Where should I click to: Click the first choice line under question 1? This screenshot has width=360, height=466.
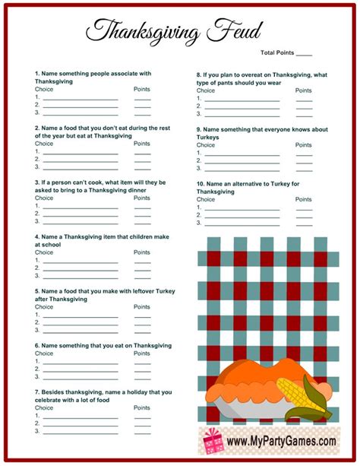(x=80, y=98)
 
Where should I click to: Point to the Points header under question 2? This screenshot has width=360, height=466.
(x=142, y=143)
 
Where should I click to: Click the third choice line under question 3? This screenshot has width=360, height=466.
(x=80, y=222)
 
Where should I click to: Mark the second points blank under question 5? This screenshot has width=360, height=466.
(x=142, y=322)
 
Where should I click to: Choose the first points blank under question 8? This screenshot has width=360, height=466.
(x=304, y=98)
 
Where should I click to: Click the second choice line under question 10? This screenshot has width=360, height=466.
(x=242, y=215)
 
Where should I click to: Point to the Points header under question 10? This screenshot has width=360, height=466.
(x=304, y=199)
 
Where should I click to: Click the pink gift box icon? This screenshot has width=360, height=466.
(x=210, y=440)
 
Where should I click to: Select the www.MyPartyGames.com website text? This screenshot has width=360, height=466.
(x=280, y=441)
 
